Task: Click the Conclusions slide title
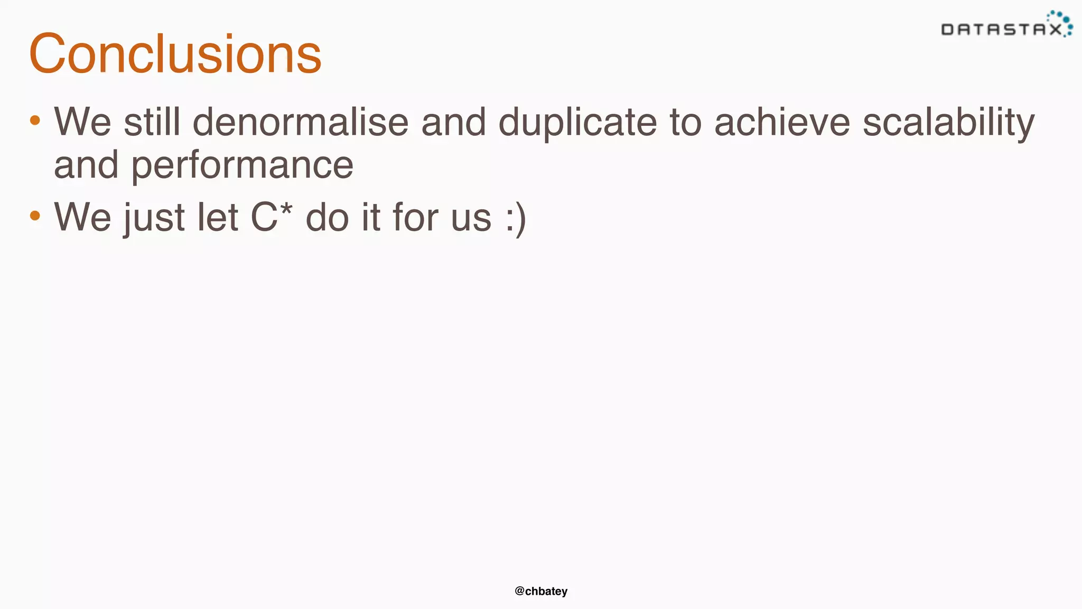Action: [x=175, y=54]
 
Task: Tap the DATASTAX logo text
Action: [x=1001, y=30]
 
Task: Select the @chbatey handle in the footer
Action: [x=541, y=591]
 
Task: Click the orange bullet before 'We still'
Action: [x=35, y=121]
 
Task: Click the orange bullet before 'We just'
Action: [x=35, y=215]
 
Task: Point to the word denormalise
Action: [x=300, y=122]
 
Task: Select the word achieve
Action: [x=782, y=122]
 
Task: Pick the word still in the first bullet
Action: [x=152, y=122]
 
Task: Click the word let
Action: [x=218, y=217]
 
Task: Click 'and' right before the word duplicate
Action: [x=453, y=122]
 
